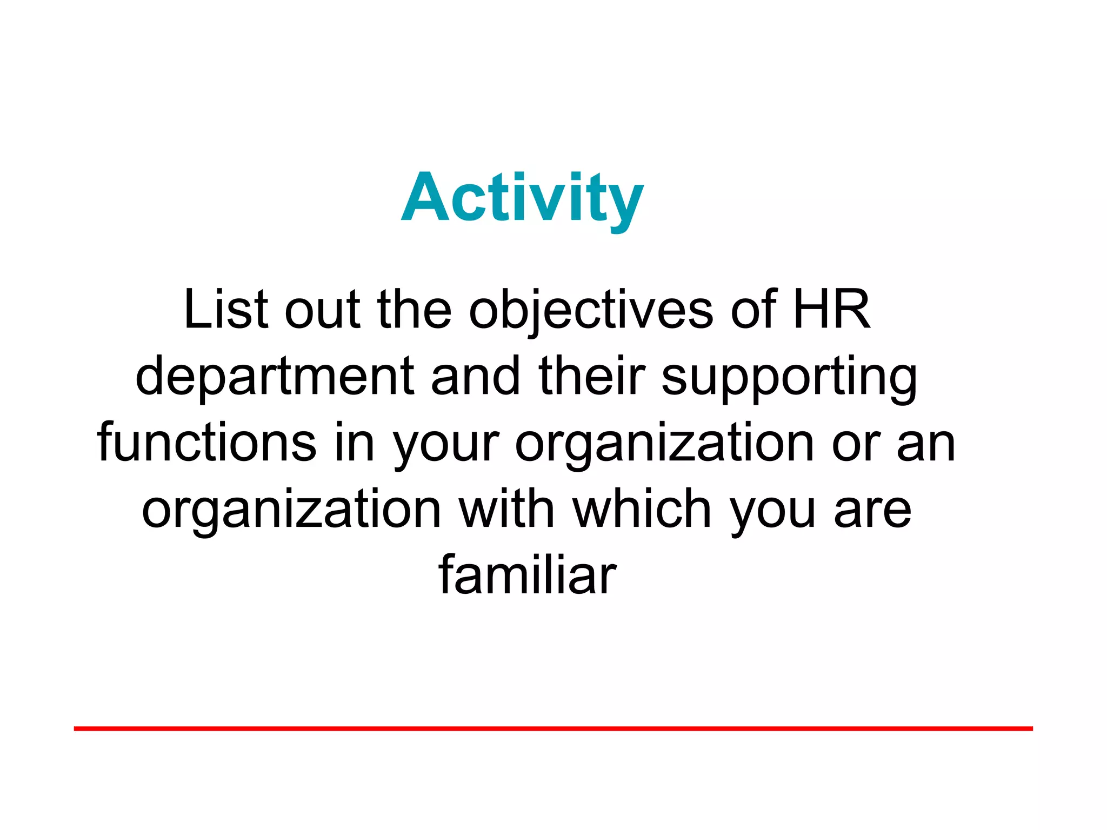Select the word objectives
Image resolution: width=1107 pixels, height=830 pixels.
[591, 311]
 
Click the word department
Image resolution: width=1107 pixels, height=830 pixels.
[275, 377]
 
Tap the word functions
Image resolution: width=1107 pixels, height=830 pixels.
[206, 443]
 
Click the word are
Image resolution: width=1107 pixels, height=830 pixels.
[872, 511]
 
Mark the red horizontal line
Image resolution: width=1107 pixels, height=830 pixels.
[553, 729]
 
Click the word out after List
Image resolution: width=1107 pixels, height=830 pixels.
[322, 311]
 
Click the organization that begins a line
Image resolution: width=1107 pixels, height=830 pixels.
[291, 511]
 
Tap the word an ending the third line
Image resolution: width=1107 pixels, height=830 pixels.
[926, 445]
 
